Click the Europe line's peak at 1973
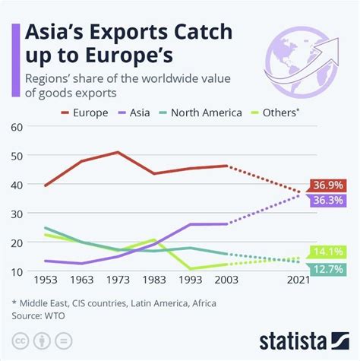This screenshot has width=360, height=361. pyautogui.click(x=118, y=152)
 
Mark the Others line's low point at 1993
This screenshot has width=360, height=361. pyautogui.click(x=190, y=268)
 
